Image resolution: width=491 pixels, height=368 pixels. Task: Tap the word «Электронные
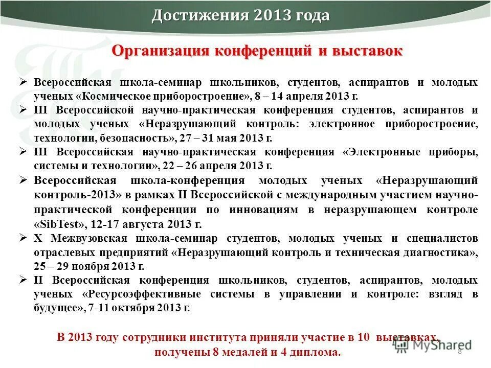coord(388,152)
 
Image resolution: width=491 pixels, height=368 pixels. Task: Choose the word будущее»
coord(59,308)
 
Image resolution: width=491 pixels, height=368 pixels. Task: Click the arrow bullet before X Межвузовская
coord(23,238)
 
